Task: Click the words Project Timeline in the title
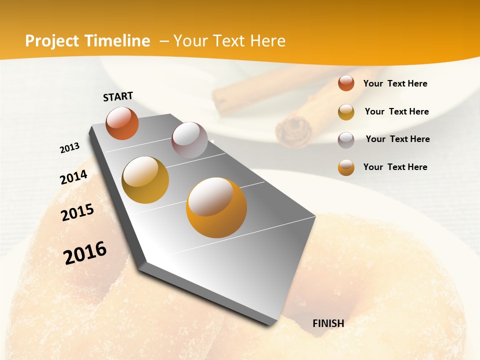coord(87,41)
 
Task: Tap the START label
coord(118,96)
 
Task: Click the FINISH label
coord(328,323)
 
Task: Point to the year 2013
coord(69,148)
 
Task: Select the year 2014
coord(73,177)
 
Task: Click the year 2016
coord(85,252)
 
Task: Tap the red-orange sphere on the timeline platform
coord(122,123)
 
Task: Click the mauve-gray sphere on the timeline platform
coord(189,139)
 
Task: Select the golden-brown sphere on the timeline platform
coord(145,179)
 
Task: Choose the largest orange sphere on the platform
coord(216,207)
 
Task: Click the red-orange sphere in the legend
coord(346,83)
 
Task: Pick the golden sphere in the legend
coord(346,112)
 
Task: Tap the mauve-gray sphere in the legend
coord(346,140)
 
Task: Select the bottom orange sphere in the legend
coord(346,167)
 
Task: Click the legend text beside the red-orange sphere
coord(395,83)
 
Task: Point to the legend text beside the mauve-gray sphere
coord(397,139)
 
